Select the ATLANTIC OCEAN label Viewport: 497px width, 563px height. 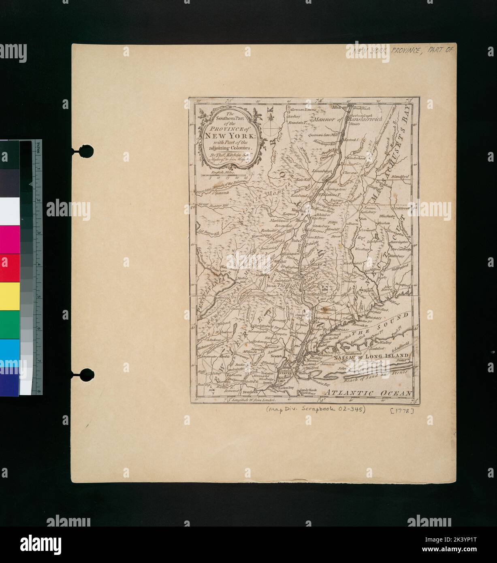369,393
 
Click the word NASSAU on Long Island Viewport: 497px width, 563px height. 344,358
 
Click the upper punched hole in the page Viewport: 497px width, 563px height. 85,151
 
